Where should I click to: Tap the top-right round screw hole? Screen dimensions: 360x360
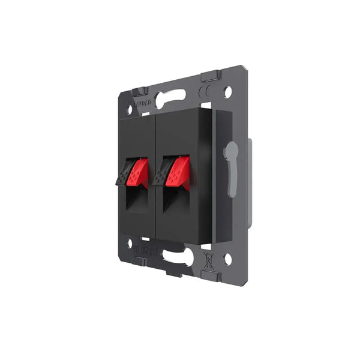(x=227, y=92)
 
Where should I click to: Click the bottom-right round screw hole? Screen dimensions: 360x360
(x=227, y=259)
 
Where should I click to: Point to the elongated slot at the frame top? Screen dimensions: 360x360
(x=174, y=97)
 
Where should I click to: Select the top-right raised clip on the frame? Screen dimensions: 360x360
(x=209, y=76)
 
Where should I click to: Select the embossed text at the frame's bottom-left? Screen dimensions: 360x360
(x=147, y=247)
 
